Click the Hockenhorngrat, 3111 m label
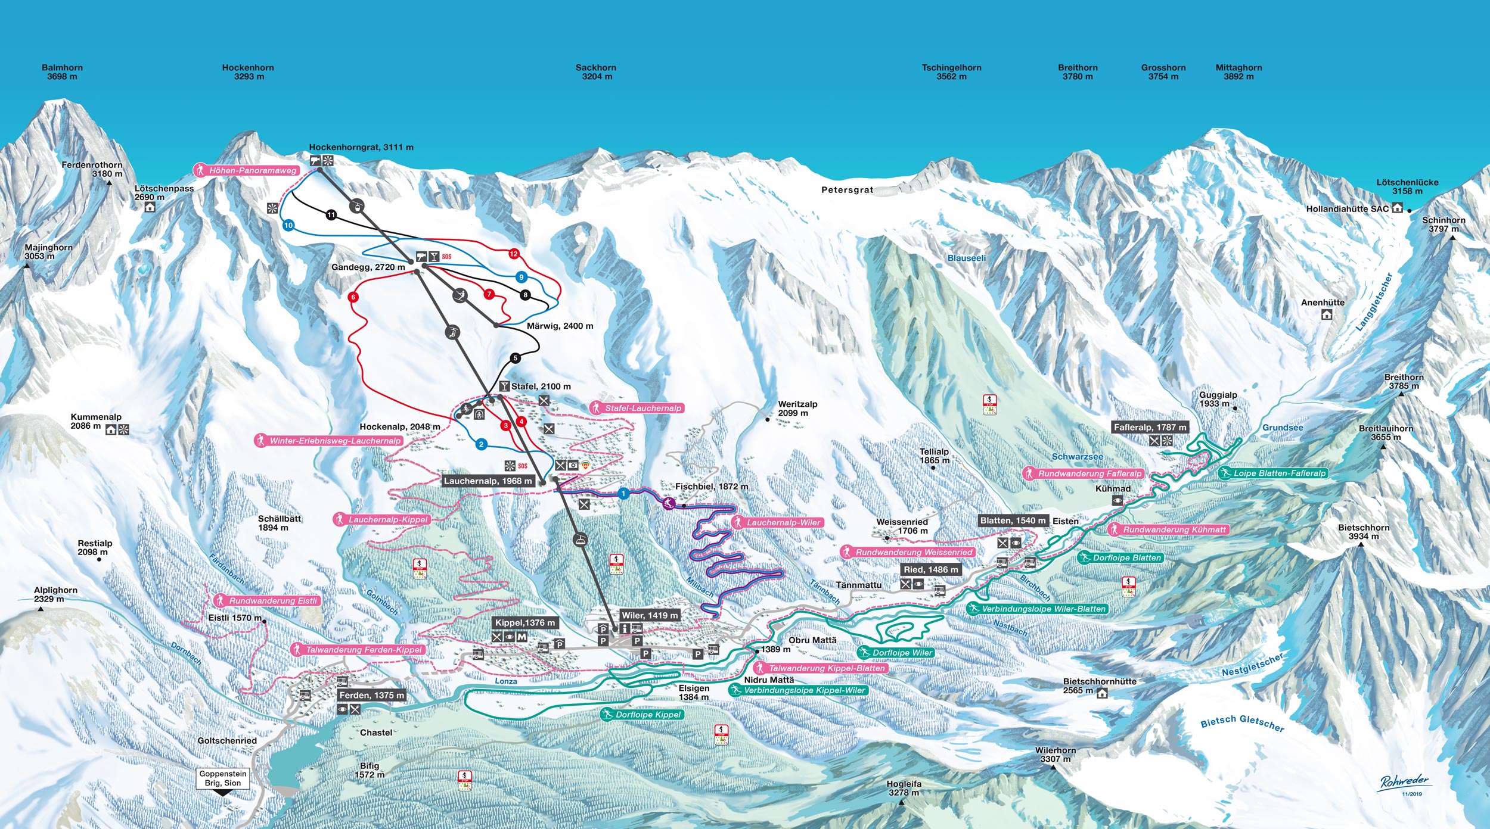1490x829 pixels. (x=361, y=147)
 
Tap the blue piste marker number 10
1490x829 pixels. (x=288, y=225)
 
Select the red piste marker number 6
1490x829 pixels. (x=353, y=297)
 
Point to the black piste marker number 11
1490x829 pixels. (x=331, y=215)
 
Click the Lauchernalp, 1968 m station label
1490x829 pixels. (x=488, y=481)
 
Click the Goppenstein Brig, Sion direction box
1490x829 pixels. (x=222, y=778)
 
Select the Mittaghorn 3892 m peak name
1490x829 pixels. (x=1238, y=72)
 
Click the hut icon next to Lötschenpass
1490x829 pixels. (x=150, y=207)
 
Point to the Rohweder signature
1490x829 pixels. (x=1404, y=783)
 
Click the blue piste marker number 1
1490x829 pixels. (x=623, y=494)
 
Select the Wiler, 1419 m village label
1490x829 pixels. (x=650, y=615)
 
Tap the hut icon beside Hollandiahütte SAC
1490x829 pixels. (x=1397, y=208)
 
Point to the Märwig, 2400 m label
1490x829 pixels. (x=560, y=326)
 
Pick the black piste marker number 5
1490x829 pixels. (x=515, y=358)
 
